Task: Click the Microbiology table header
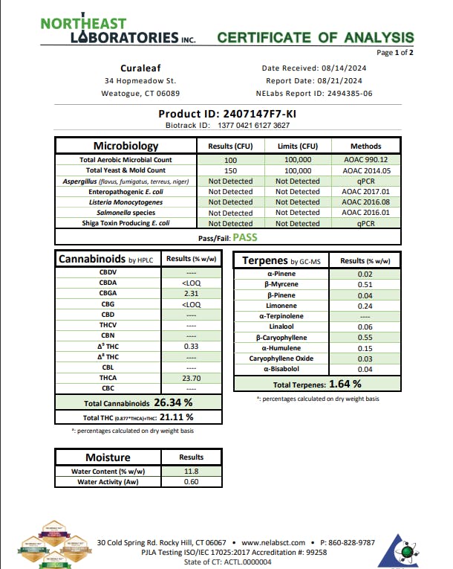tap(126, 146)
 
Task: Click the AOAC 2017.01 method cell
tap(366, 191)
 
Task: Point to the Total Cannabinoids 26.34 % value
tap(173, 402)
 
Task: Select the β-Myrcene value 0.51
tap(364, 283)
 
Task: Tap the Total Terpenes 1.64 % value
tap(345, 384)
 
